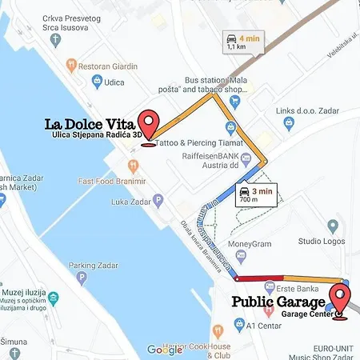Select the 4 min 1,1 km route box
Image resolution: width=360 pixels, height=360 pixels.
pyautogui.click(x=242, y=41)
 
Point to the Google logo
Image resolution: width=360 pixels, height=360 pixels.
pyautogui.click(x=164, y=350)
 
